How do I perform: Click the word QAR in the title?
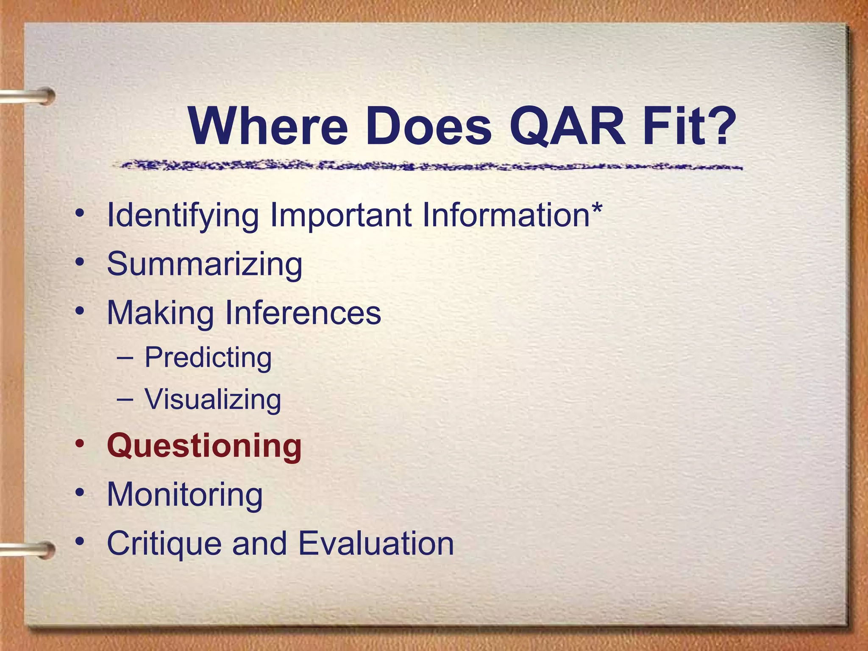coord(568,126)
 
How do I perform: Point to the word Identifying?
coord(183,215)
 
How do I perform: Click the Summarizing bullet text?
coord(204,264)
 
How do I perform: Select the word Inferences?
coord(303,312)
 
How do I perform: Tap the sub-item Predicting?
coord(208,357)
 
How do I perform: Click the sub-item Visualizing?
coord(213,399)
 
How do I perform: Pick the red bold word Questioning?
coord(204,446)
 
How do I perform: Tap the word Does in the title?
coord(428,126)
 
